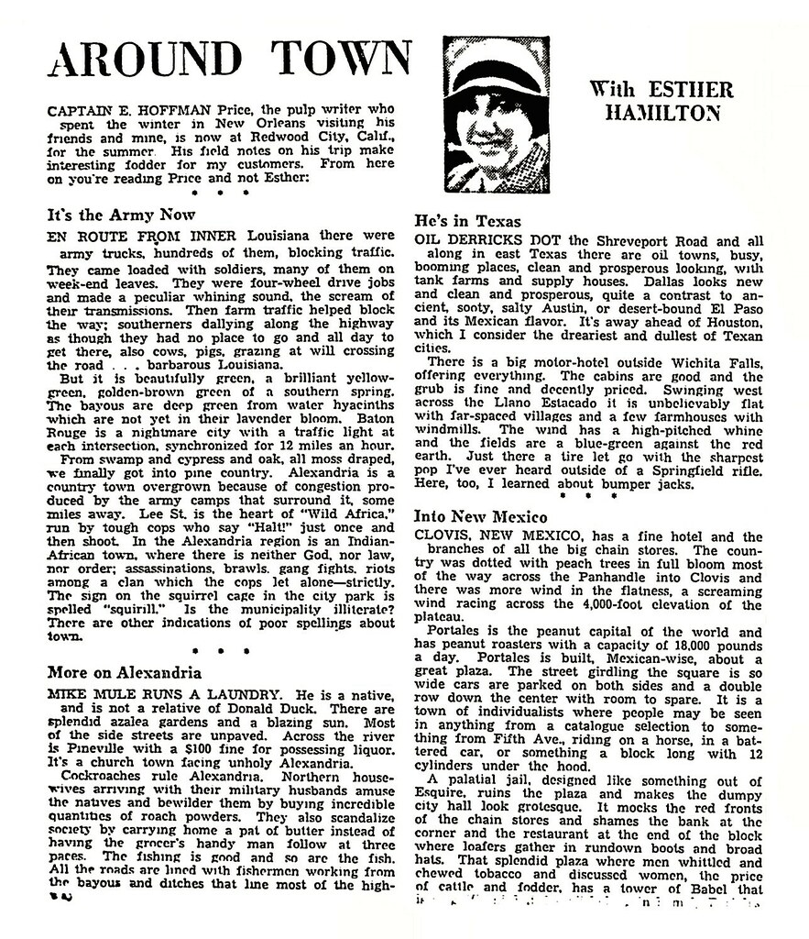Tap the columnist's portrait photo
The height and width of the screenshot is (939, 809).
[x=496, y=114]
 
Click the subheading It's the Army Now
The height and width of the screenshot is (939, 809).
[x=121, y=215]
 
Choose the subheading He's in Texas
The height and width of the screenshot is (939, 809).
[x=467, y=222]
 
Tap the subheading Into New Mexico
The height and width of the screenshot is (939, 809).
[x=482, y=517]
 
